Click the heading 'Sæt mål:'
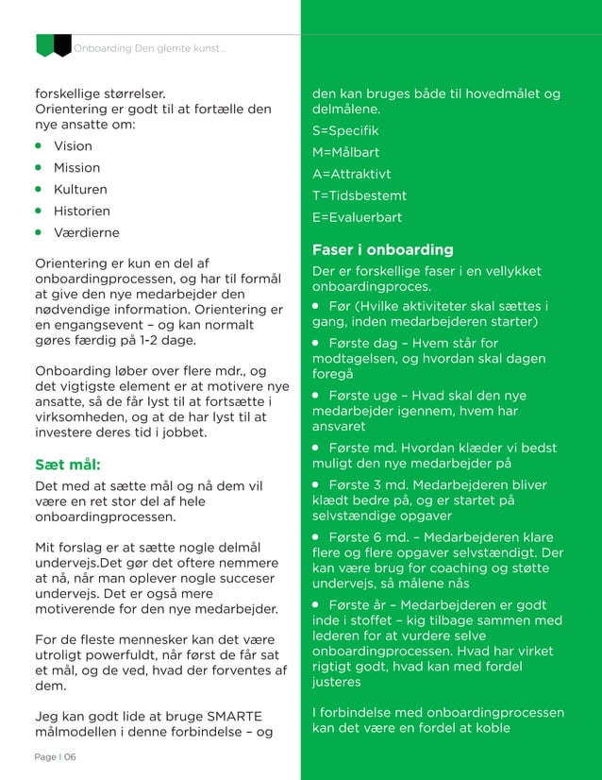pos(67,465)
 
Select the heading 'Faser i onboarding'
pos(382,249)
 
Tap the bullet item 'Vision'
pos(73,146)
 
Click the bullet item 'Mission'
pos(76,168)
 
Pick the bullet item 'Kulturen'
pos(79,189)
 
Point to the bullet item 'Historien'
pos(81,211)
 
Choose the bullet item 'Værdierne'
pos(86,232)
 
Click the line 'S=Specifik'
pos(345,130)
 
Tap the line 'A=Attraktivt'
pos(351,174)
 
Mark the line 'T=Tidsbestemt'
pos(359,195)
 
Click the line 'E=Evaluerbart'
pos(357,217)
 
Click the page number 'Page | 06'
pos(55,757)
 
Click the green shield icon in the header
pos(43,44)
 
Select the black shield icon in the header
pos(62,44)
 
